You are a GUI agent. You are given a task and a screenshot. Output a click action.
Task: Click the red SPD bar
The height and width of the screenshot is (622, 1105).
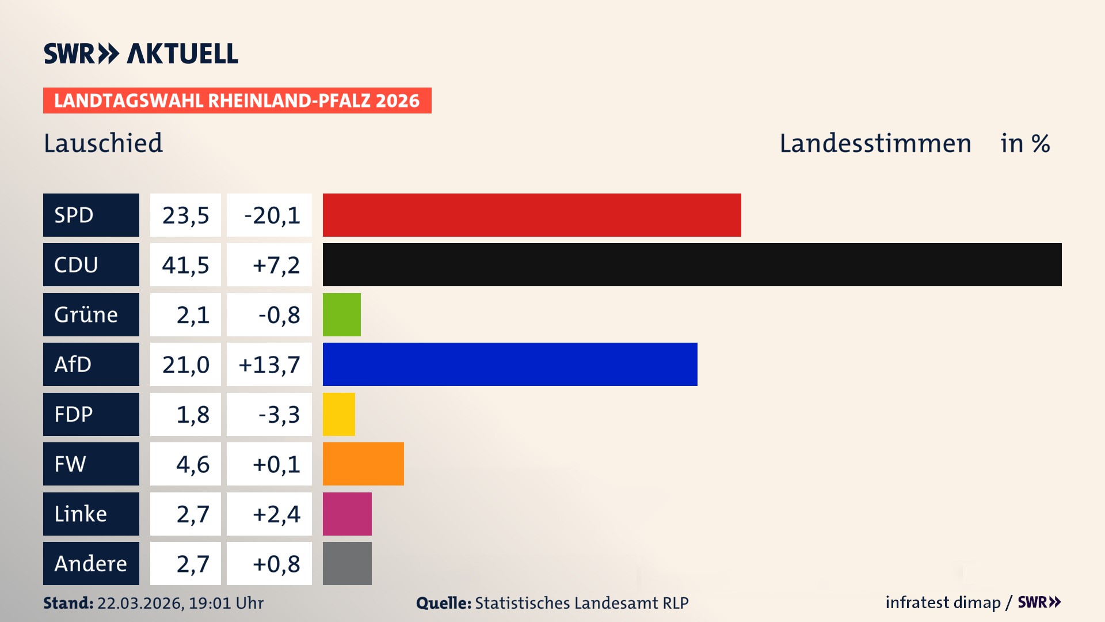coord(532,215)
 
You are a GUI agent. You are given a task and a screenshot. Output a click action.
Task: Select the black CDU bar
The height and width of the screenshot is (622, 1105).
coord(692,264)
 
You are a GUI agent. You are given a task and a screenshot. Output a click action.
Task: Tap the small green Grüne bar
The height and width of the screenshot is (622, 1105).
coord(341,314)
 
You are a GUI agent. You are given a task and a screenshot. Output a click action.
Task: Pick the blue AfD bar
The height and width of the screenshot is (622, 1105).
coord(510,364)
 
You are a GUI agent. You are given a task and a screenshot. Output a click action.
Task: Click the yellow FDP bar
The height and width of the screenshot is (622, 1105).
coord(338,414)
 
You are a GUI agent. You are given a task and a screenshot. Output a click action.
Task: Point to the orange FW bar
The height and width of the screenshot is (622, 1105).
coord(363,464)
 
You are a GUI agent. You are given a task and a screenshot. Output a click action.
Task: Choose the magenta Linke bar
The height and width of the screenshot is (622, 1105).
coord(347,514)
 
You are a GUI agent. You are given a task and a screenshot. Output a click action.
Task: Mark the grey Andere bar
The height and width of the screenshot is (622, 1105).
coord(347,563)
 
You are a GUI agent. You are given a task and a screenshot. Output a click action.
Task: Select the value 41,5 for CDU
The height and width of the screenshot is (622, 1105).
coord(185,265)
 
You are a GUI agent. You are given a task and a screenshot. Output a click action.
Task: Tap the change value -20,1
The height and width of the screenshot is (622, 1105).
coord(272,215)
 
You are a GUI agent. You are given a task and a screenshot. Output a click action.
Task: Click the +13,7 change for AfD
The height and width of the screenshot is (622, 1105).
coord(269,365)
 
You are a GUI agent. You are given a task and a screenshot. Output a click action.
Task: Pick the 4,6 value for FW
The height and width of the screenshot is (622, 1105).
coord(192,464)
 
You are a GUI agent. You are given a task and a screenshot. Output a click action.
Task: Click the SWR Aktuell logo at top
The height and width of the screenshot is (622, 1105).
coord(140,54)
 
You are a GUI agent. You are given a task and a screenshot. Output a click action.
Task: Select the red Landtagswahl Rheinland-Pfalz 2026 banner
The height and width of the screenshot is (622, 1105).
coord(237,100)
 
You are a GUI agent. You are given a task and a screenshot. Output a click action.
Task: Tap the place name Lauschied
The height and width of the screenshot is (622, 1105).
coord(103,143)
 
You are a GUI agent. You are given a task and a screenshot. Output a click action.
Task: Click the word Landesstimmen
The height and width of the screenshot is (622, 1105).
coord(875,143)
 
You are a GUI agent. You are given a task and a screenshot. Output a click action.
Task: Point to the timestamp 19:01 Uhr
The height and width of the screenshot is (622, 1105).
coord(226,603)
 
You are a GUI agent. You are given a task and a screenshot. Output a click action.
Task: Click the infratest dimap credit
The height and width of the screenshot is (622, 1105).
coord(943,602)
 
